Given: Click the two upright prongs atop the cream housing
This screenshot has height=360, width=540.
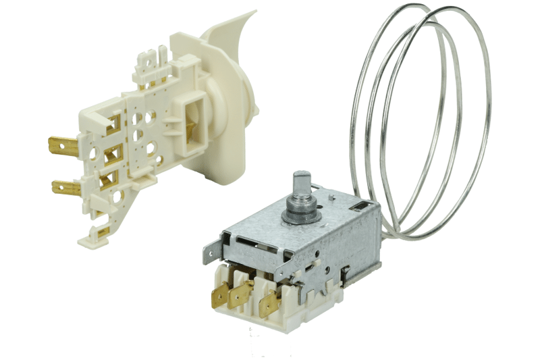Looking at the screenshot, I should coord(159,53).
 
